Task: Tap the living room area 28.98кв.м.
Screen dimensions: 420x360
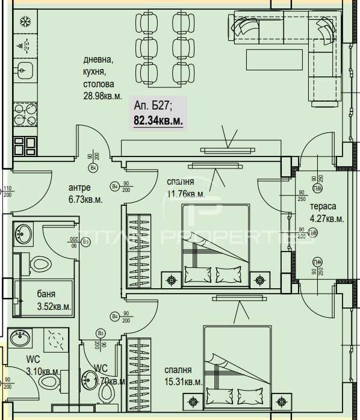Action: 103,96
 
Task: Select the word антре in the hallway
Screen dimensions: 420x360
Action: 79,187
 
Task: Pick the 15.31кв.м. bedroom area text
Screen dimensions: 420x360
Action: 183,381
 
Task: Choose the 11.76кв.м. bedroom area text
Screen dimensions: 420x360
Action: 185,194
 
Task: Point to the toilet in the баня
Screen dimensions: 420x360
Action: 41,263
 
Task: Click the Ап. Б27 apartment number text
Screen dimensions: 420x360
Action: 154,107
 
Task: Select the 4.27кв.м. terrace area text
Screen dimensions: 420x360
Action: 326,219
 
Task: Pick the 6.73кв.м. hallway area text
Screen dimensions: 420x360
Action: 85,199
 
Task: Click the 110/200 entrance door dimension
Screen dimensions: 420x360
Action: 7,191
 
